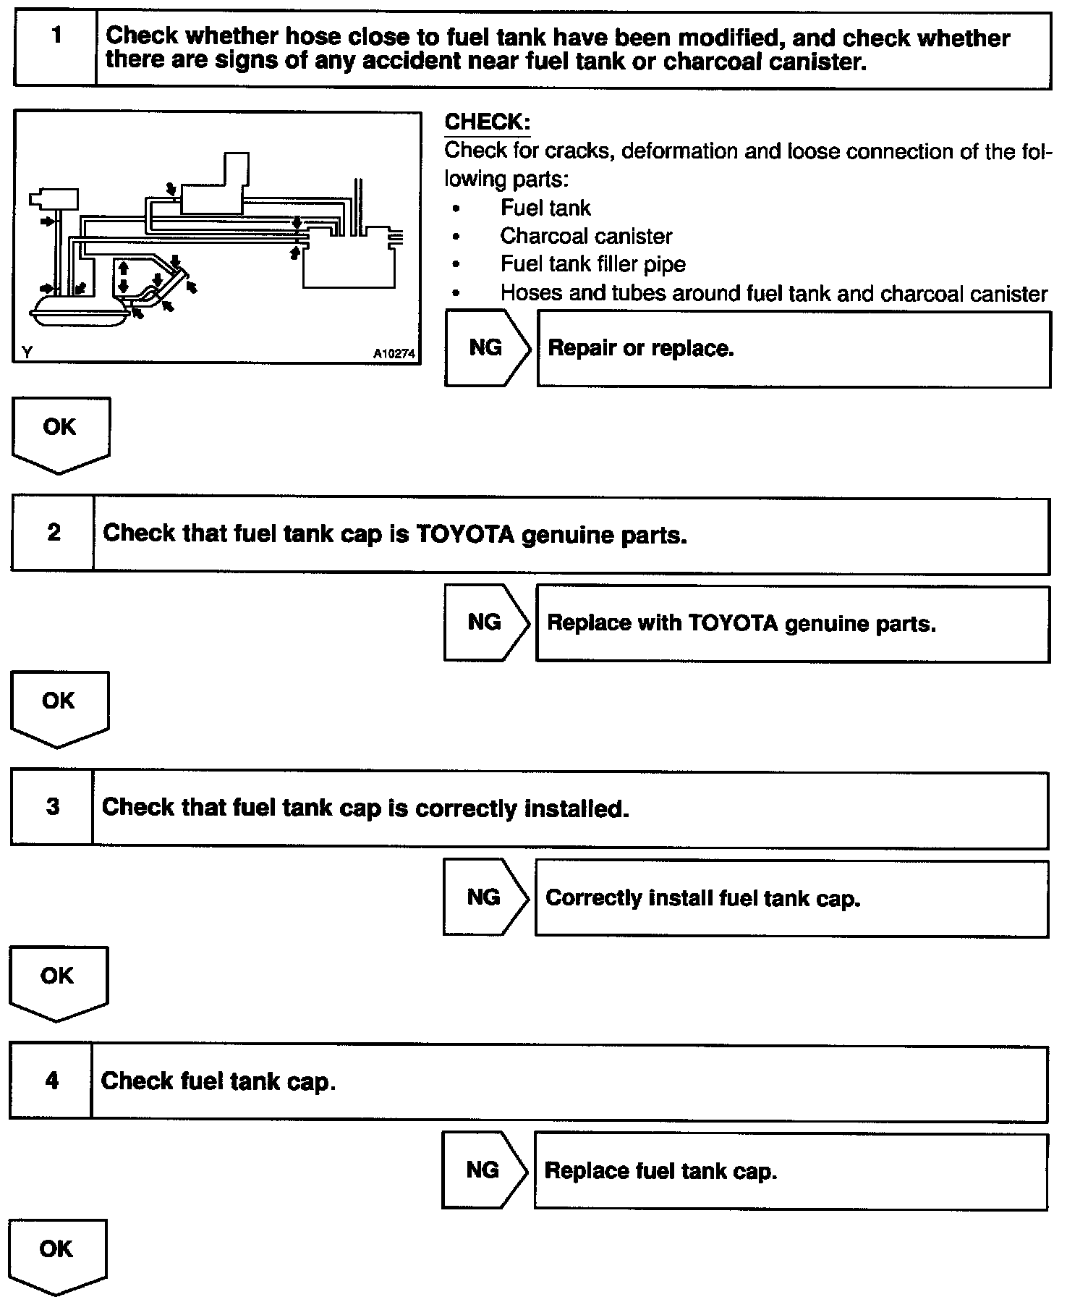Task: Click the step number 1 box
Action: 55,49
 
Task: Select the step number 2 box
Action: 53,534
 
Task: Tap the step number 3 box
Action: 52,808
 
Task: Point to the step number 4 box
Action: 51,1082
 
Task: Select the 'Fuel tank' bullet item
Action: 545,208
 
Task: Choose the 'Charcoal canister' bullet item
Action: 586,237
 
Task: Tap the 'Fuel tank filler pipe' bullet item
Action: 592,264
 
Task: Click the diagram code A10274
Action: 394,354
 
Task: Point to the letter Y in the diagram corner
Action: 27,352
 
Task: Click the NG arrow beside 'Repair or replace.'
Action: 487,348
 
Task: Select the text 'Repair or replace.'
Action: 641,349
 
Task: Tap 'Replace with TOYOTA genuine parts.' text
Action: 741,624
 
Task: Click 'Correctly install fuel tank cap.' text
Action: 703,899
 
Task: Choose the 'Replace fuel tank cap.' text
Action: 660,1171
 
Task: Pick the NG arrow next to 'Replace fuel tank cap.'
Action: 484,1171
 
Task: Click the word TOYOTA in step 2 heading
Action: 465,535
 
